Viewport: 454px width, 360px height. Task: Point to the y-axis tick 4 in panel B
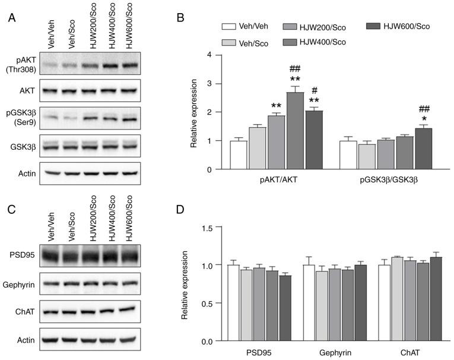tap(209, 55)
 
